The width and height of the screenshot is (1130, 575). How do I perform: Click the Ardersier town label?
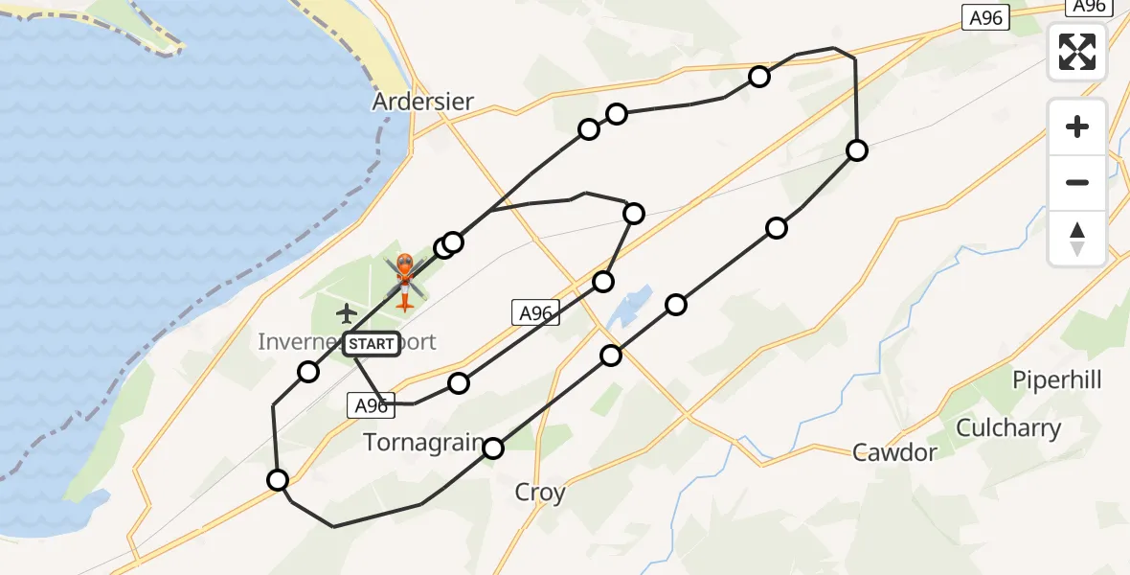[x=423, y=102]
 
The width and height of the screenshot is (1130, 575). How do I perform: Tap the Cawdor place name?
[x=894, y=452]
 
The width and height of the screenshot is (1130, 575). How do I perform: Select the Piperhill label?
[x=1057, y=380]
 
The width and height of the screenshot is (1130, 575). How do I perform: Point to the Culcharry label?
[x=1007, y=428]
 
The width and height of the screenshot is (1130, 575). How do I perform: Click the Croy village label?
[x=540, y=493]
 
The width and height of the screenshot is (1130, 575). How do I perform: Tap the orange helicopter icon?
[x=404, y=279]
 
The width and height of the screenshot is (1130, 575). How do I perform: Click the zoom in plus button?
[x=1077, y=127]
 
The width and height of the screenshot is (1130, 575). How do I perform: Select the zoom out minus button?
[x=1077, y=182]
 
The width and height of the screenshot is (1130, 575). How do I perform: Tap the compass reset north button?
[x=1077, y=239]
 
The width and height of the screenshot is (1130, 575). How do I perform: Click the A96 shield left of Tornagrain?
[x=371, y=406]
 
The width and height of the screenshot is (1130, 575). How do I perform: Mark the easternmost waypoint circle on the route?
[x=857, y=150]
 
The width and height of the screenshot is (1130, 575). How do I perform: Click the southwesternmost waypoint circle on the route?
[x=278, y=480]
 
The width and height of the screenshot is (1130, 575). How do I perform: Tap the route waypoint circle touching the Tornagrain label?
[x=493, y=448]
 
